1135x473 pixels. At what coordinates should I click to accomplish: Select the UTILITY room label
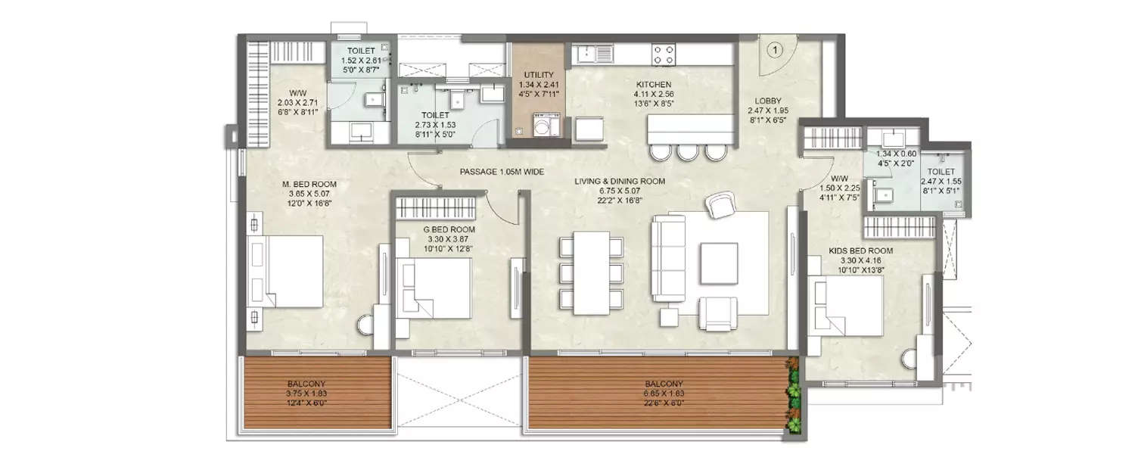click(x=538, y=75)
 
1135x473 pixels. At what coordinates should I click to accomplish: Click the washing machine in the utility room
click(x=543, y=124)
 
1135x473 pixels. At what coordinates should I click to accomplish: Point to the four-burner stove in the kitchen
click(x=664, y=54)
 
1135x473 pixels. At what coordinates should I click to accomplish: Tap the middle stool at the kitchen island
click(x=688, y=152)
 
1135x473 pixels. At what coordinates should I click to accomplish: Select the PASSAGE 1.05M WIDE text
click(x=502, y=172)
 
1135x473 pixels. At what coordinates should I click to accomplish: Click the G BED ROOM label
click(x=449, y=229)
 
